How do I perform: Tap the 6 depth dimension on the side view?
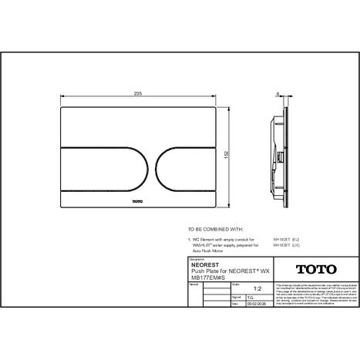coord(278,94)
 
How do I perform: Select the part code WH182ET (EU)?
coord(285,240)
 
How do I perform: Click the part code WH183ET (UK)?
coord(285,246)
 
